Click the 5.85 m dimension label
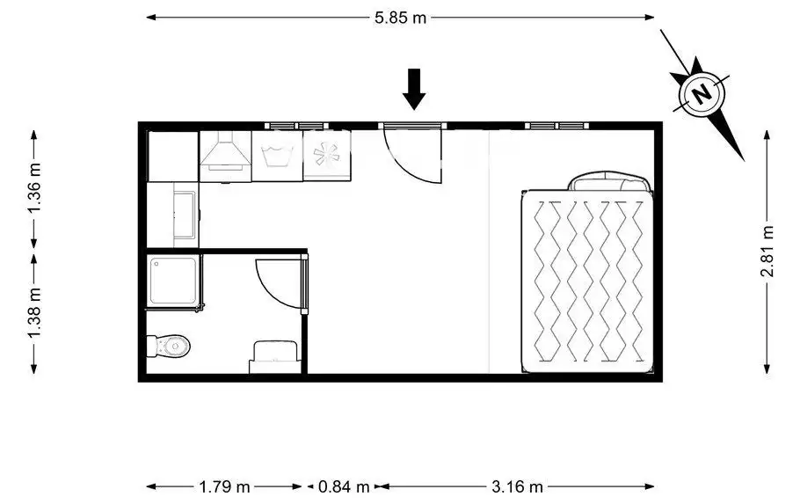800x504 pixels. [x=400, y=18]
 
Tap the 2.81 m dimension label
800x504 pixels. [x=767, y=252]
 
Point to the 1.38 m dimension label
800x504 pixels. [x=34, y=312]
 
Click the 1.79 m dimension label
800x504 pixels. [x=224, y=486]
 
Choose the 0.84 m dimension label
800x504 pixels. [x=344, y=486]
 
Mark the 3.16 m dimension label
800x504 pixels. [x=517, y=486]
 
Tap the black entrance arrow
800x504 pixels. [x=414, y=89]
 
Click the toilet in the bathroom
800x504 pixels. [x=168, y=347]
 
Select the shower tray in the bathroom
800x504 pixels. [x=173, y=281]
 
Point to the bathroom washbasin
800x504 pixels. [x=275, y=356]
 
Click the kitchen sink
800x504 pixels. [x=185, y=215]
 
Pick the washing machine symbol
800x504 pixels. [x=277, y=156]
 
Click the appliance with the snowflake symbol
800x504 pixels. [x=326, y=155]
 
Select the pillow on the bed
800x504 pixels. [x=610, y=182]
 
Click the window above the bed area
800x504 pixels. [x=557, y=126]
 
